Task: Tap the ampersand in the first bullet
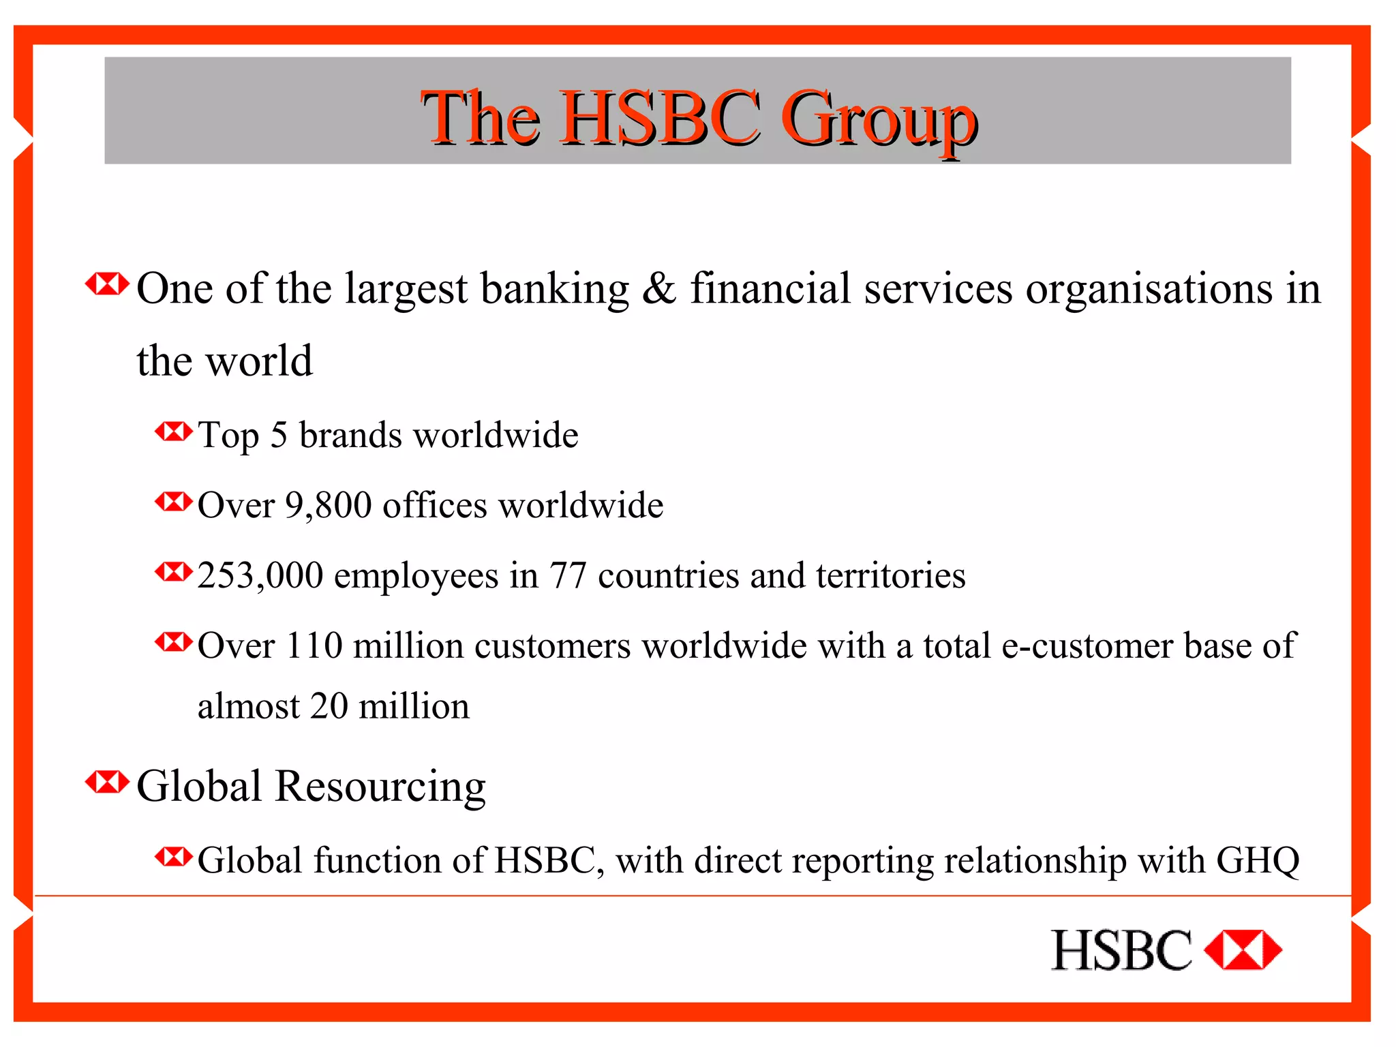(x=659, y=288)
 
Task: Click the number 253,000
(x=260, y=576)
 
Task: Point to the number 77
(x=568, y=576)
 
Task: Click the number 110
(x=314, y=646)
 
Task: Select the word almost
(x=248, y=706)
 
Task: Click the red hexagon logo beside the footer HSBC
(x=1243, y=950)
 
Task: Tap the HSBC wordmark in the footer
(x=1121, y=950)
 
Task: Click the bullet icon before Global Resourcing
(x=107, y=782)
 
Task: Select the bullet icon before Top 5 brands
(x=174, y=431)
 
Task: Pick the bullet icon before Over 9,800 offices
(x=174, y=502)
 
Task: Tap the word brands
(x=350, y=435)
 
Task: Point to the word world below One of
(x=259, y=361)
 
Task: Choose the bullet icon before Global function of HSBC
(x=174, y=856)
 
